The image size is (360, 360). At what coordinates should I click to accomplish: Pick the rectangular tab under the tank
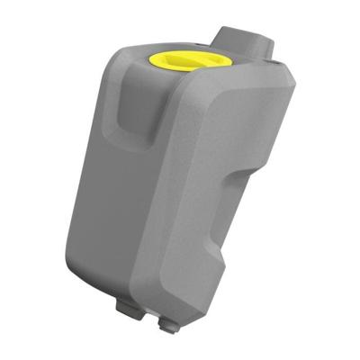click(x=128, y=305)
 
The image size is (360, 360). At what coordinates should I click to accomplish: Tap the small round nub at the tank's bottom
click(x=166, y=321)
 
